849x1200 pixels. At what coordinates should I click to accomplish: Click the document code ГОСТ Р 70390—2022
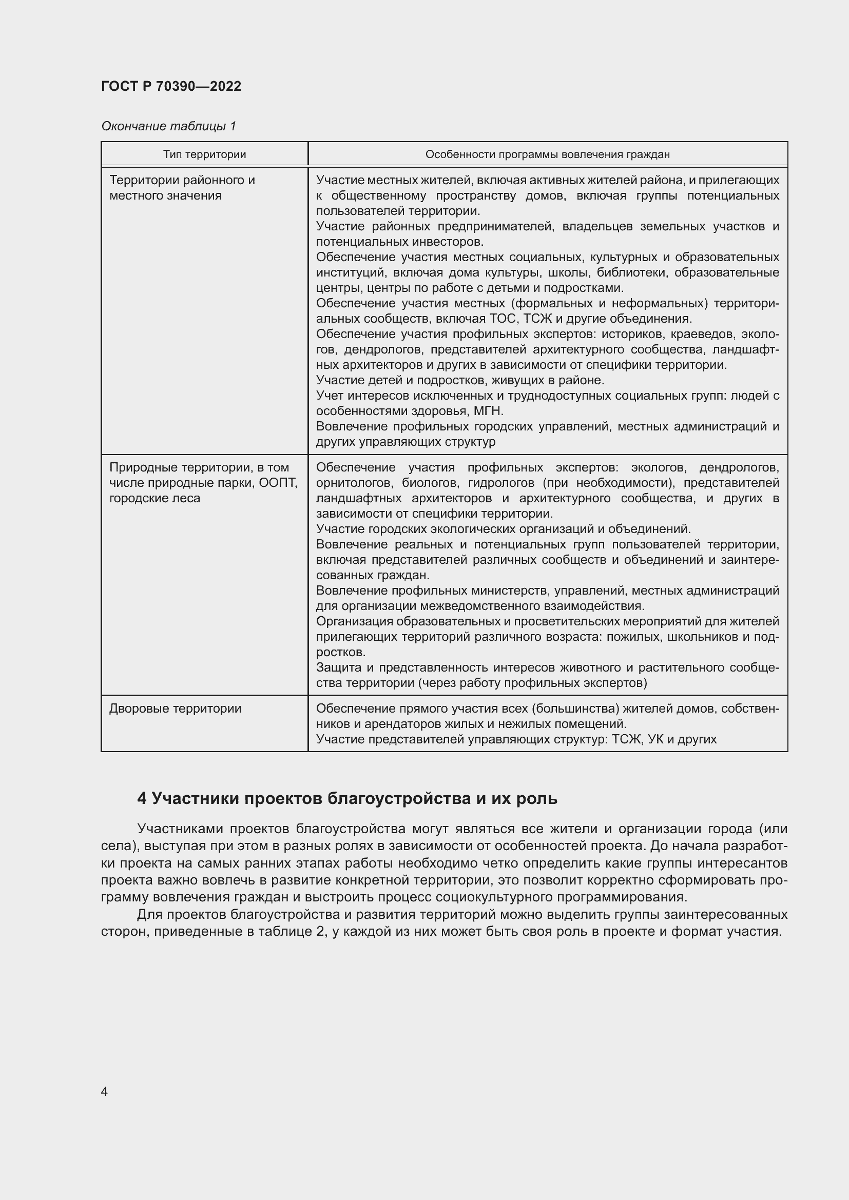pos(171,86)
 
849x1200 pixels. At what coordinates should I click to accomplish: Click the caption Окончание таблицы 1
pos(168,126)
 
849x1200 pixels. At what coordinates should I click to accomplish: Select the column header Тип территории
pos(204,154)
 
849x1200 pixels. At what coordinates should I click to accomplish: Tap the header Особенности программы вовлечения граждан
pos(547,154)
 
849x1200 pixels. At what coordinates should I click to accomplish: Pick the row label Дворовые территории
pos(175,709)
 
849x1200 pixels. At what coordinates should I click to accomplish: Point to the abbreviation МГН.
pos(488,411)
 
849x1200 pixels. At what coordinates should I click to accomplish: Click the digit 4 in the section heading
pos(141,799)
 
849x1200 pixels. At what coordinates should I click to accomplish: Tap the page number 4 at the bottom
pos(104,1091)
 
